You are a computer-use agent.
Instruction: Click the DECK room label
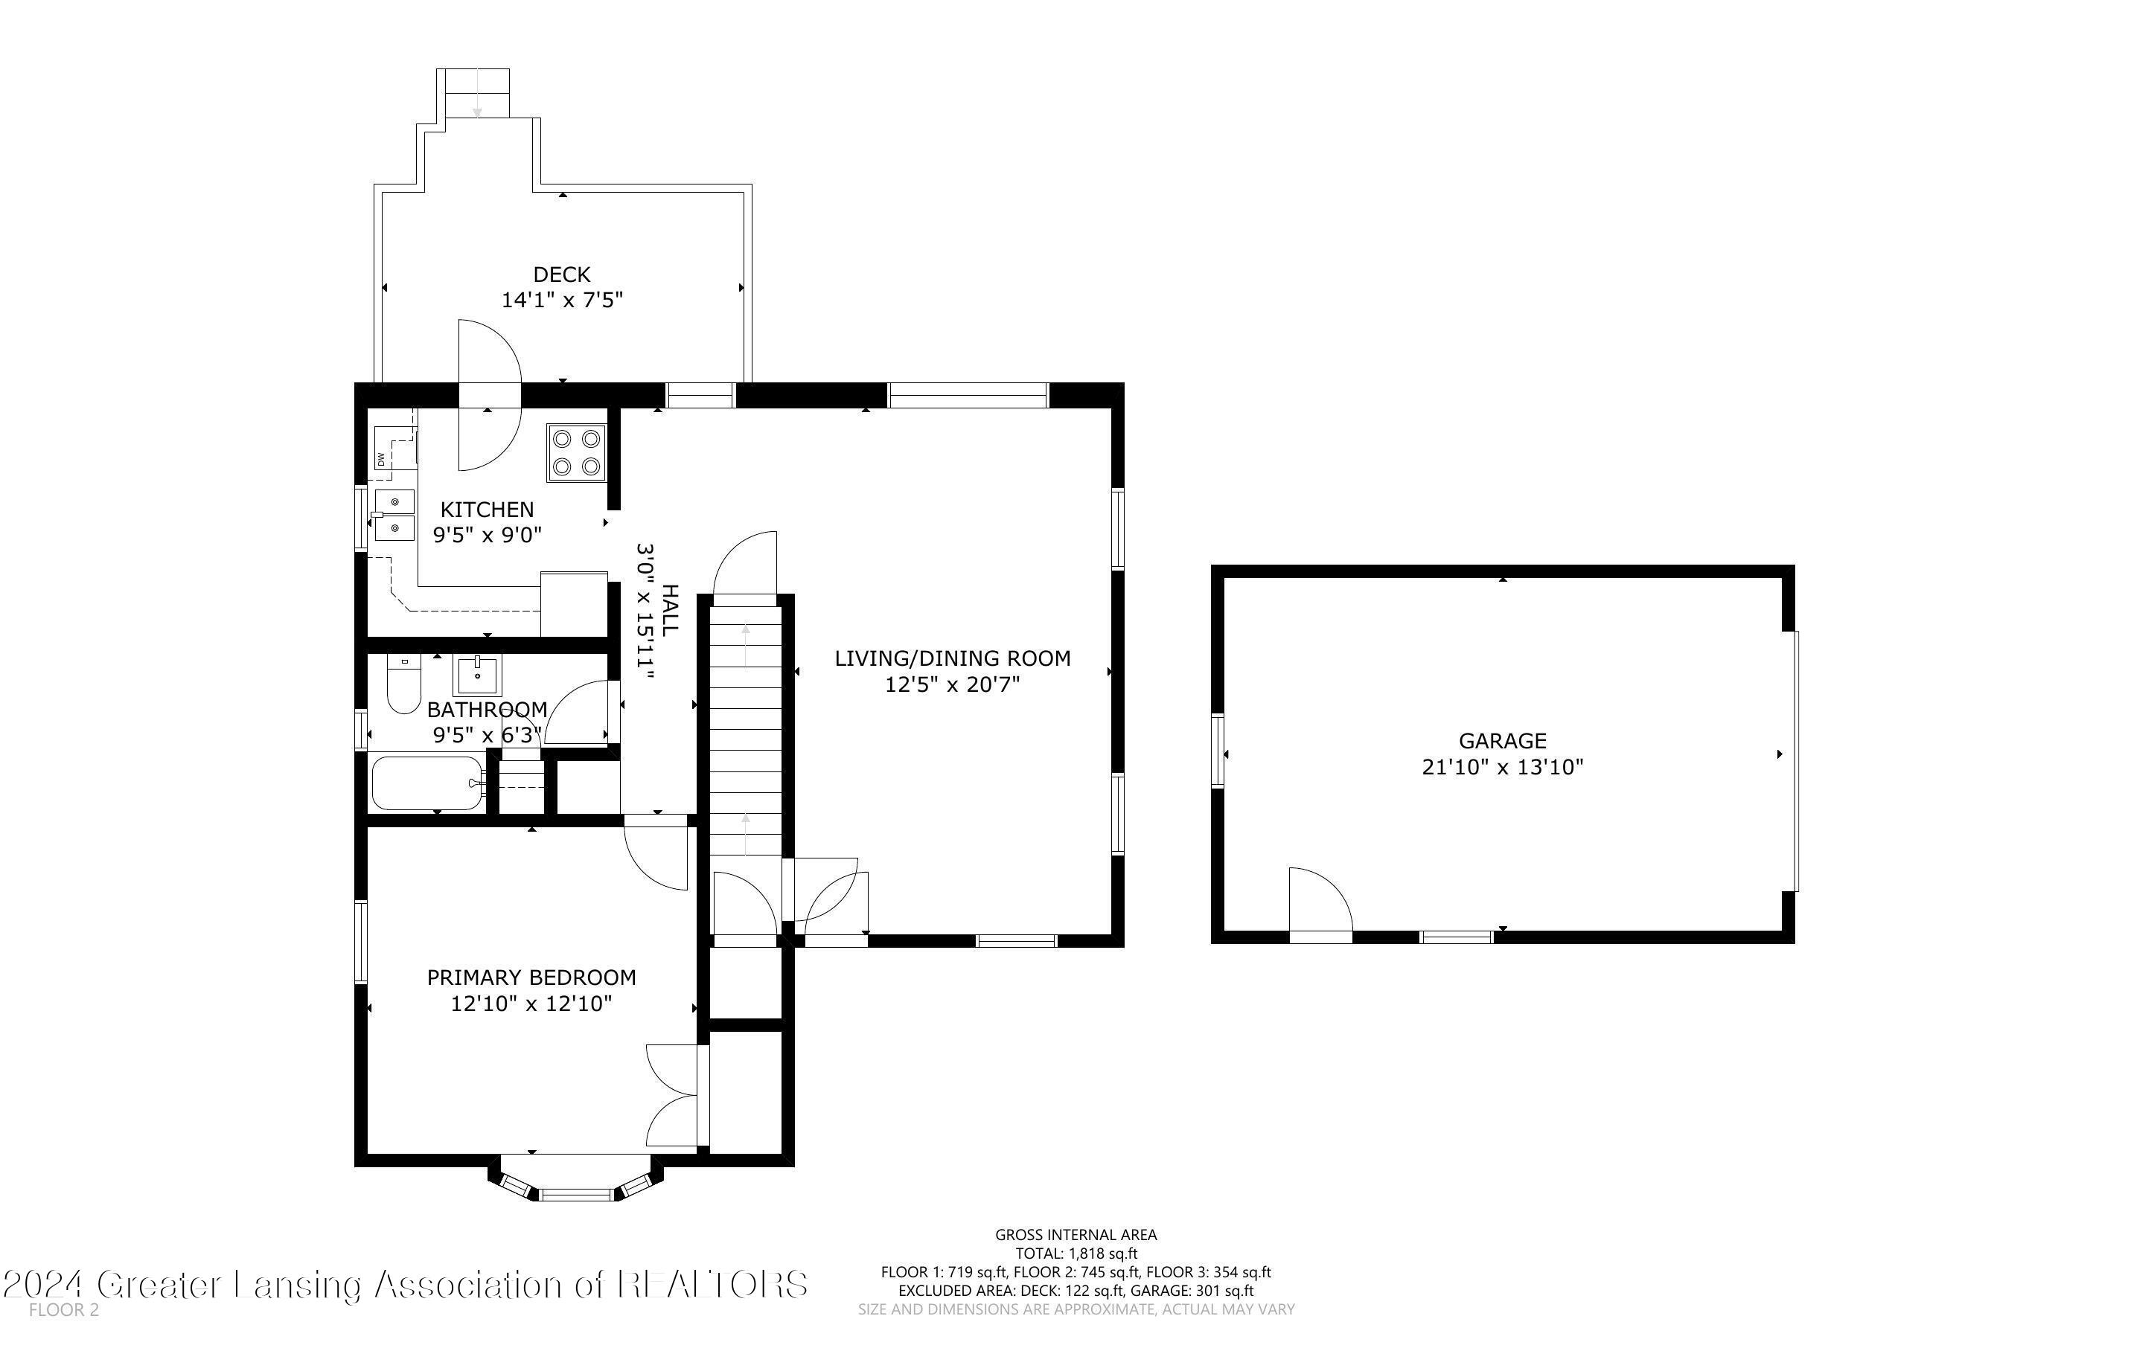coord(561,275)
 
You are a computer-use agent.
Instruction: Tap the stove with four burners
coord(575,453)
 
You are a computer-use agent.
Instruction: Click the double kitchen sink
coord(393,515)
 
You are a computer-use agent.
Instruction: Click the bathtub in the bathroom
coord(427,783)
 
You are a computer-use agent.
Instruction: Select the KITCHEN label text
coord(488,510)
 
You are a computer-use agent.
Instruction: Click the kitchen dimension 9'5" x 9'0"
coord(488,536)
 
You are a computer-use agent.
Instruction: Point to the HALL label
coord(670,609)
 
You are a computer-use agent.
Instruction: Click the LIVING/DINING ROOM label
coord(952,658)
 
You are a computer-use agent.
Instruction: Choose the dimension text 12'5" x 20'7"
coord(952,684)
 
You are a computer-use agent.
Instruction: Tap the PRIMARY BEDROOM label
coord(531,978)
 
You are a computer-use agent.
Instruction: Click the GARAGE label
coord(1503,741)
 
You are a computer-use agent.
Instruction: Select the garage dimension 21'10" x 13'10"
coord(1503,767)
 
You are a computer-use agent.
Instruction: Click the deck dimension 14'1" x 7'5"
coord(561,300)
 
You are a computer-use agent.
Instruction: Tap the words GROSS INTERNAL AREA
coord(1076,1235)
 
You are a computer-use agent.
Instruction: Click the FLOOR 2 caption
coord(64,1310)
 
